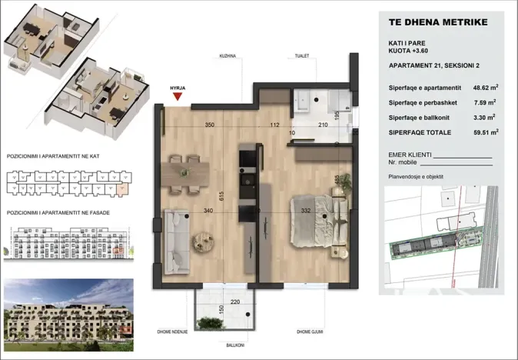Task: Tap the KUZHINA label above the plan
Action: [227, 56]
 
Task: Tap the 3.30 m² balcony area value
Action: [482, 118]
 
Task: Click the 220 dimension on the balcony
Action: [214, 302]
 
